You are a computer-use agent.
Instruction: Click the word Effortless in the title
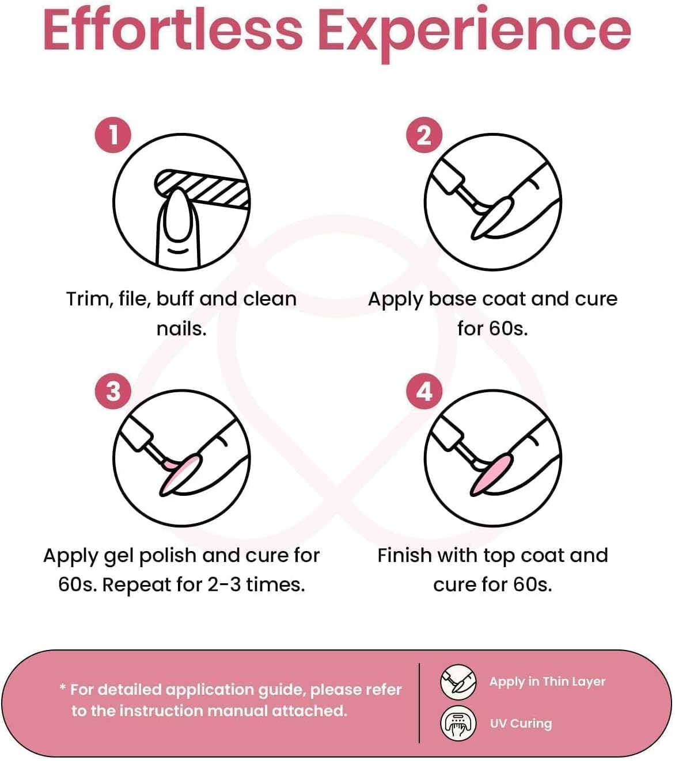click(173, 30)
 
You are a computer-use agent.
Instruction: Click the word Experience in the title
click(477, 34)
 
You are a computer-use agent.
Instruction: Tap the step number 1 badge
click(113, 135)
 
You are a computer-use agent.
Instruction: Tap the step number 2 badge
click(424, 135)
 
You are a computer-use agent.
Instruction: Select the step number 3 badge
click(113, 392)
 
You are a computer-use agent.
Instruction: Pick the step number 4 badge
click(424, 392)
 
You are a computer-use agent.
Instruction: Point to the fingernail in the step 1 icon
click(177, 215)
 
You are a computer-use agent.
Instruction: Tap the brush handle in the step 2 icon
click(448, 176)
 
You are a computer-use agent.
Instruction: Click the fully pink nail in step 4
click(492, 475)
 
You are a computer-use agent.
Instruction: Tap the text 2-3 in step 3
click(224, 585)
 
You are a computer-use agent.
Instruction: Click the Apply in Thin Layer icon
click(458, 682)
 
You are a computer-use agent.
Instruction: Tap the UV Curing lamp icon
click(458, 724)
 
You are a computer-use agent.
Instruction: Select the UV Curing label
click(521, 724)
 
